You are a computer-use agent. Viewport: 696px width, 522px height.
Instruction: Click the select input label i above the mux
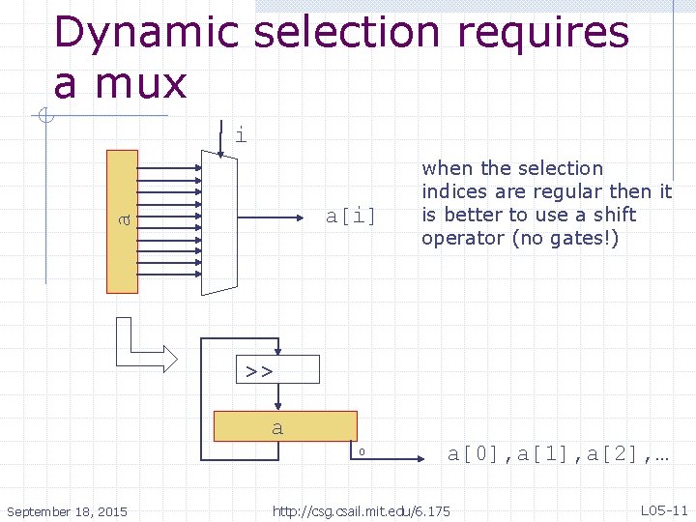(x=241, y=135)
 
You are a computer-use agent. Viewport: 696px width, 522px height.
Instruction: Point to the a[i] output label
(x=350, y=215)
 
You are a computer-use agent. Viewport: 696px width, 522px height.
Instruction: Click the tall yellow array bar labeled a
(x=123, y=221)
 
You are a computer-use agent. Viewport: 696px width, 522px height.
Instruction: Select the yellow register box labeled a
(x=285, y=426)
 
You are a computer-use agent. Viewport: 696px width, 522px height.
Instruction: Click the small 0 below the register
(x=361, y=451)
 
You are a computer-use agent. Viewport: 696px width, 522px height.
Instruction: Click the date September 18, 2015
(x=67, y=510)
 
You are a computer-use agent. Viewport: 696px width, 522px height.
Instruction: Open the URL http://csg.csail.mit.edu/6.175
(x=362, y=510)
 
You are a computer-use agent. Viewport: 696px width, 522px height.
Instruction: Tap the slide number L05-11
(x=664, y=509)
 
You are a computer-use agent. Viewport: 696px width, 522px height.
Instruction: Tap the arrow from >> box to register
(x=277, y=397)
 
